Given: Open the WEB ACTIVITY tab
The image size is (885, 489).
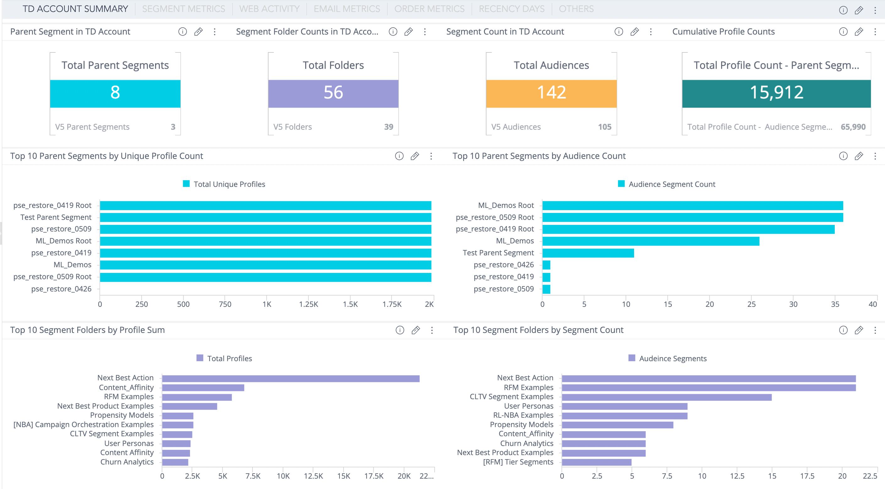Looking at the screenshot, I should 269,8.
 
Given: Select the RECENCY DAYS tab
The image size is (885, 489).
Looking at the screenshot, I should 511,8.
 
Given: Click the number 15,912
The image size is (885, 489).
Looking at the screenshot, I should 776,92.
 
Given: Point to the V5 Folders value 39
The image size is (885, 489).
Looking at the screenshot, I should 388,127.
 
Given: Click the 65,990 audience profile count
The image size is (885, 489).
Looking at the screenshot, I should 853,127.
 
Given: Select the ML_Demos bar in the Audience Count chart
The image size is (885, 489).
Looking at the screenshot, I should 650,241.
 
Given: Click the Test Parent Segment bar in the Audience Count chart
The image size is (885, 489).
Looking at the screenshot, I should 588,253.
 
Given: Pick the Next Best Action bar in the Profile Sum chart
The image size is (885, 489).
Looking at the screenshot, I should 290,378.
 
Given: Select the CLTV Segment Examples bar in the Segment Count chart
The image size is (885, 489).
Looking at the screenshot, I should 666,397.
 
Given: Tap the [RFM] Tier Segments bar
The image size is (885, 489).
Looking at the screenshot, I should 596,462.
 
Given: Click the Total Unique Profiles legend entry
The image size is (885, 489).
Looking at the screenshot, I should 224,184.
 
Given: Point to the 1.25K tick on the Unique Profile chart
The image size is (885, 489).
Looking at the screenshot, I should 308,304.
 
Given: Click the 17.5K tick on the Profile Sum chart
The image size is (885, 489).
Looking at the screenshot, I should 373,476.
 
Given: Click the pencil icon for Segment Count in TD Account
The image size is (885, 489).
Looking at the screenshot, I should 634,32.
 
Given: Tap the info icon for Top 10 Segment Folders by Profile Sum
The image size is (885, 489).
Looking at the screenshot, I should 399,330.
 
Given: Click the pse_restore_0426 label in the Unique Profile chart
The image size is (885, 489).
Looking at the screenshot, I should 61,289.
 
